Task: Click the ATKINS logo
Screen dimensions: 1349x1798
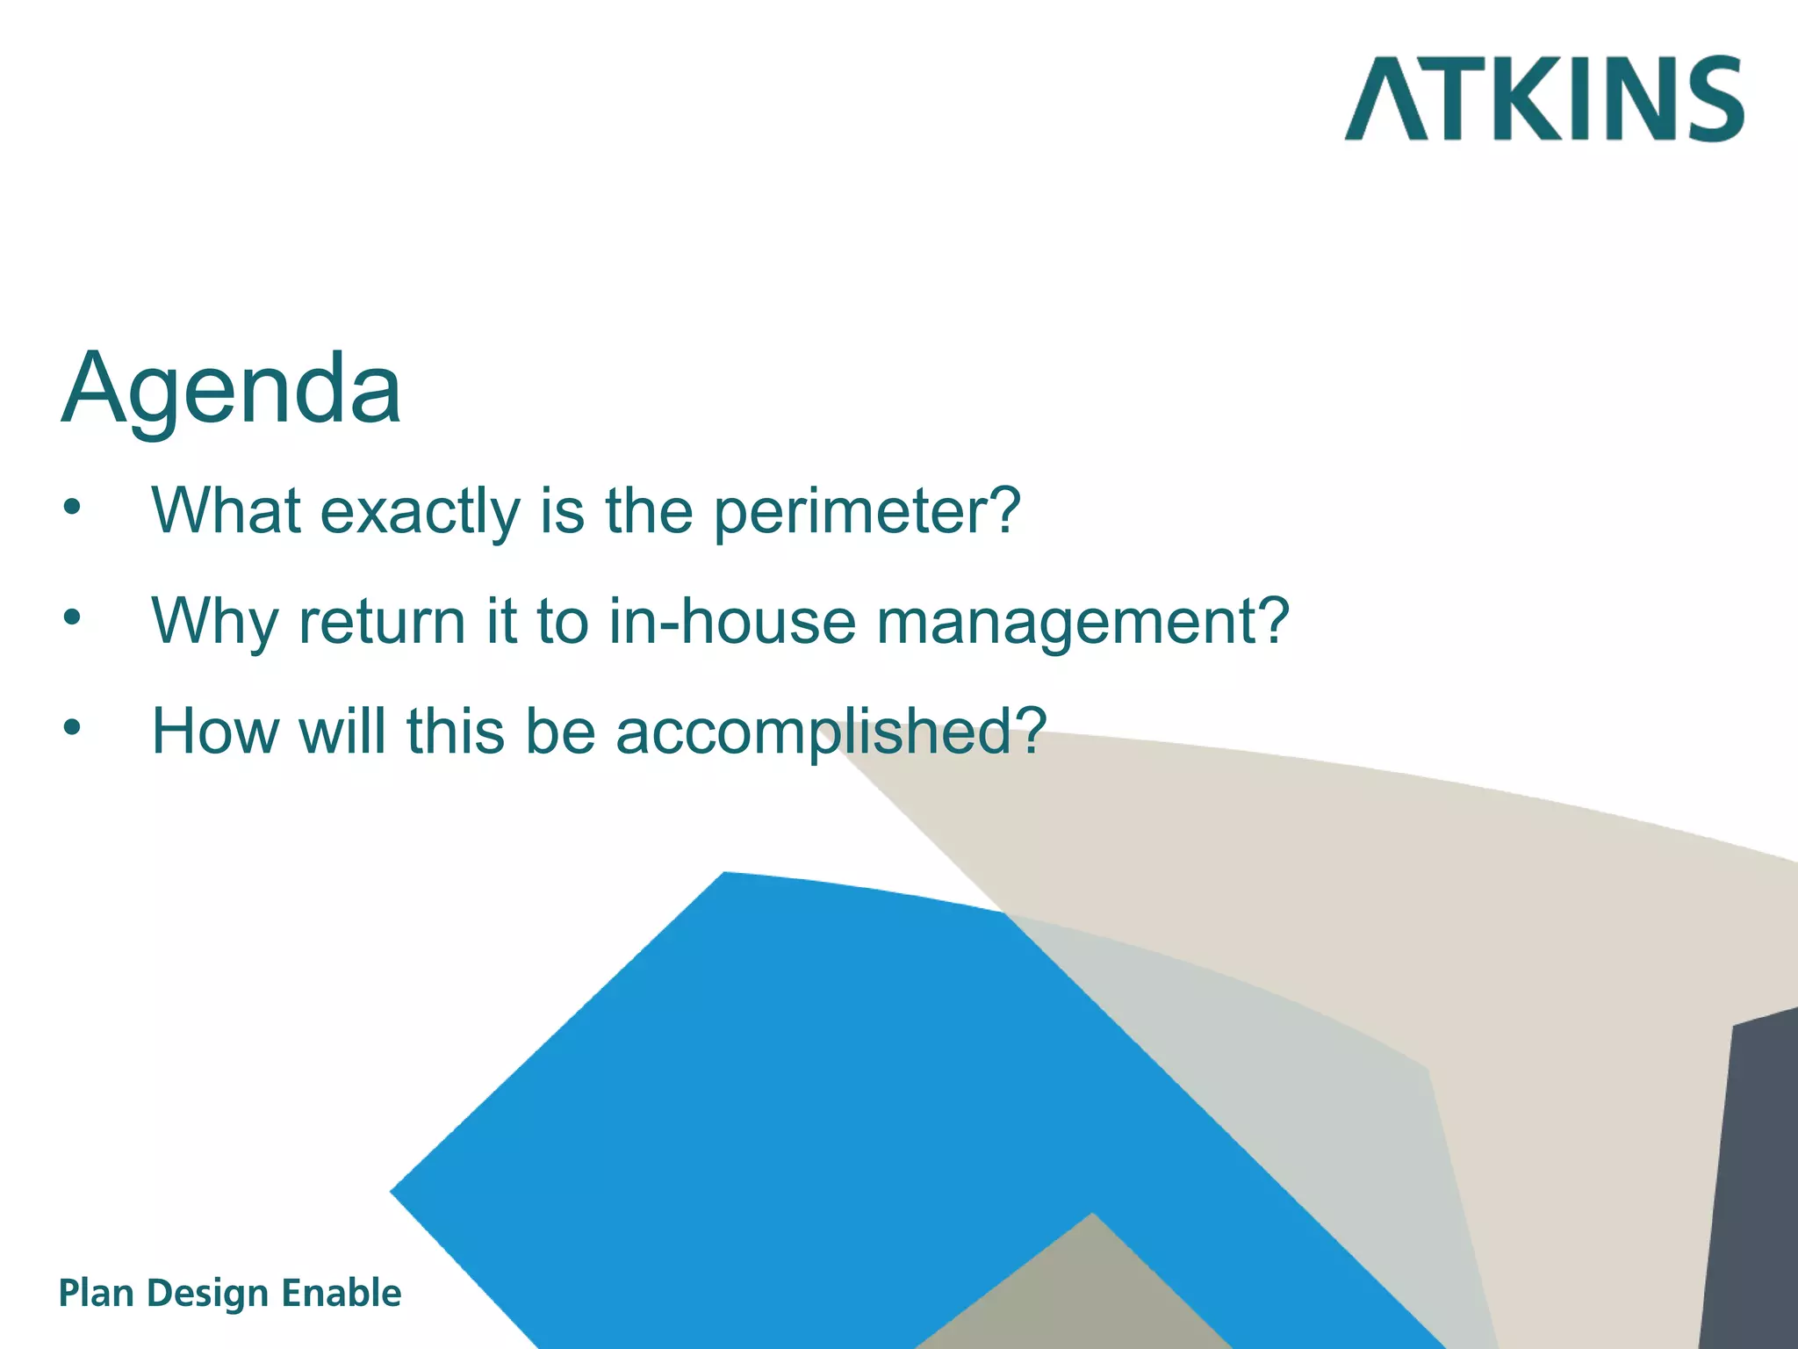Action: coord(1543,98)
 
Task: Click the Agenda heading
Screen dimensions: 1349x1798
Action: coord(231,388)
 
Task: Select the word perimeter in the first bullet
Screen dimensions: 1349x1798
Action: coord(866,511)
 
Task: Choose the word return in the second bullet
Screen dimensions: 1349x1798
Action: coord(381,622)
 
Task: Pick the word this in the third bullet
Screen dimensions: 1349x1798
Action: coord(455,731)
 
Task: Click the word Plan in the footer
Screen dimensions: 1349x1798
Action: coord(95,1294)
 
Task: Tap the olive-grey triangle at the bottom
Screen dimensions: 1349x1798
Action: coord(1080,1295)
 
